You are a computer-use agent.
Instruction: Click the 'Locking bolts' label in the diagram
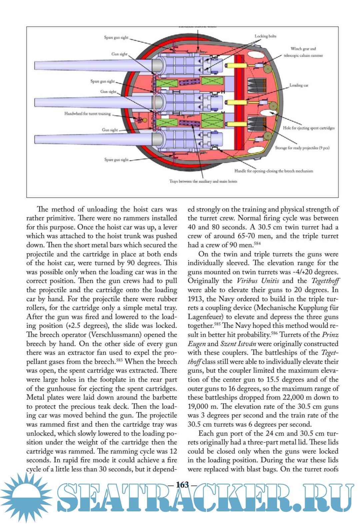click(265, 36)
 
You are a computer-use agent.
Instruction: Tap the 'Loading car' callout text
click(299, 85)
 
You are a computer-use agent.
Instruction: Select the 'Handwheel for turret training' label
click(87, 114)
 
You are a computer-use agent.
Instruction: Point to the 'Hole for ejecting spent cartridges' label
click(309, 128)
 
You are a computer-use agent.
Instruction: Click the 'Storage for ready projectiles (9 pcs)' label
click(302, 148)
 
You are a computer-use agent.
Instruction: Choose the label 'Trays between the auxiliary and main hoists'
click(203, 181)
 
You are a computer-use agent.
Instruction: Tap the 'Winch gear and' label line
click(303, 49)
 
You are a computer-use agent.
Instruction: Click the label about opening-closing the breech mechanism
click(274, 171)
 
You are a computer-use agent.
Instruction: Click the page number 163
click(182, 485)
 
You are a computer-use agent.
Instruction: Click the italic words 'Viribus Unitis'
click(257, 281)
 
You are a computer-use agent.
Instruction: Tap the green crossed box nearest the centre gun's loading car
click(212, 120)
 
